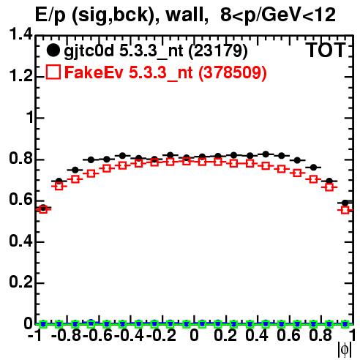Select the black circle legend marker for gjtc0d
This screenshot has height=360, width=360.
[53, 50]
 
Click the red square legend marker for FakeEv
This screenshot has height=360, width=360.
[53, 72]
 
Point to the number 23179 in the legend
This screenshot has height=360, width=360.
[218, 51]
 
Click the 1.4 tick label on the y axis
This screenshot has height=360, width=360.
[20, 34]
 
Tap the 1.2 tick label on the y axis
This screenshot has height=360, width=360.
[20, 76]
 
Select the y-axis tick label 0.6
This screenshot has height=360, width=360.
[20, 200]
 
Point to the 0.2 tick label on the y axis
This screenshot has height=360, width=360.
[20, 282]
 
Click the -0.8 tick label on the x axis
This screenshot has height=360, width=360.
[67, 335]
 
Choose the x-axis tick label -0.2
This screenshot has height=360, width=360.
[161, 335]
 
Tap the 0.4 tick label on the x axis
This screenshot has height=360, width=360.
[257, 335]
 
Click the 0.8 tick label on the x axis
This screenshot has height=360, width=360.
[320, 335]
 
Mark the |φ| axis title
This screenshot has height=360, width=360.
[345, 350]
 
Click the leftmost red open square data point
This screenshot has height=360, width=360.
[43, 209]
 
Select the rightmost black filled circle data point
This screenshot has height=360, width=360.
[345, 203]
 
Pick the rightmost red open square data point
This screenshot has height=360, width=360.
[345, 210]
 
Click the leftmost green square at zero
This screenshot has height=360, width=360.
[43, 324]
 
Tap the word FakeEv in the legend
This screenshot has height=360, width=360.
[94, 72]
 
